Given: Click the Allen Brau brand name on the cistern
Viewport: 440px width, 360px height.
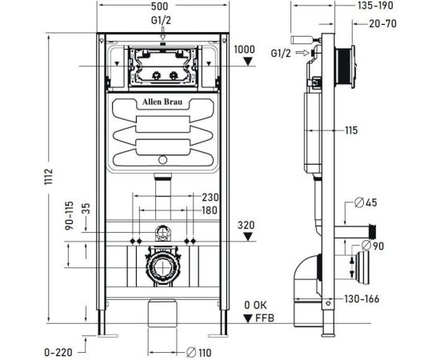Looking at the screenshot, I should pos(162,103).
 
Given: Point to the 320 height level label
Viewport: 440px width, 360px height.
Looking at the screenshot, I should pos(246,225).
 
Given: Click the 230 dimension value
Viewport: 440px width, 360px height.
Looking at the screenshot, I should pos(210,198).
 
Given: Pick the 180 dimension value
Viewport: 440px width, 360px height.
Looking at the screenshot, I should pos(210,211).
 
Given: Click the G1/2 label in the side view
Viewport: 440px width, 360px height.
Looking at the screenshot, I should pos(281,54).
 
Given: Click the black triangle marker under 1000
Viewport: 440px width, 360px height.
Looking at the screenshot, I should pos(249,61).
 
